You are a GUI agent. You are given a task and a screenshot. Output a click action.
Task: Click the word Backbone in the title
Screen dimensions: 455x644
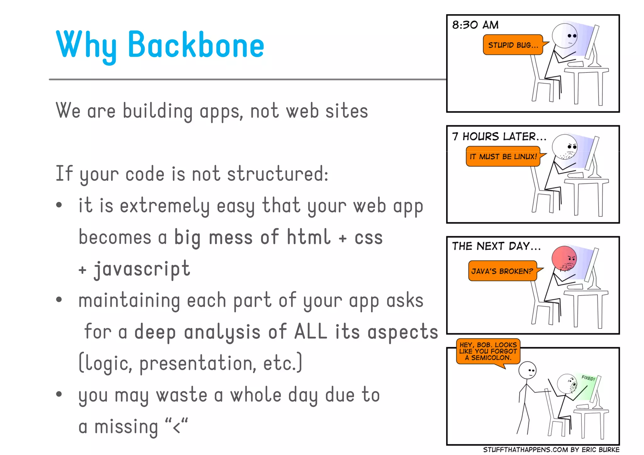(196, 45)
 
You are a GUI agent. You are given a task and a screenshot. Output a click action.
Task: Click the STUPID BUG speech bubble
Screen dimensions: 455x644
(513, 45)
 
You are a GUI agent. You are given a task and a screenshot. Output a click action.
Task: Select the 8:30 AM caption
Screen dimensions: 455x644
(475, 25)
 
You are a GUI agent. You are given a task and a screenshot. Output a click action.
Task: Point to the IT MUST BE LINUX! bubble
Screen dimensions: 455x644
(503, 156)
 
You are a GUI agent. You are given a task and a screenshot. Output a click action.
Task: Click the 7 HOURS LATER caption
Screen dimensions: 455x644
(499, 136)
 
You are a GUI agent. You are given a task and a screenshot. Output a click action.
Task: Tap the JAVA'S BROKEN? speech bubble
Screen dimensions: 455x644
(502, 271)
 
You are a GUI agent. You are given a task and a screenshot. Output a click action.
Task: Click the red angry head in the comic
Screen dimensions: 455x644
(564, 258)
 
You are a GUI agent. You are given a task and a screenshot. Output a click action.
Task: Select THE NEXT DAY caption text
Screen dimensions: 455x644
(496, 246)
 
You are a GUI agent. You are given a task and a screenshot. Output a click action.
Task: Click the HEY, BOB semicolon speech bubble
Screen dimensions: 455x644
(488, 351)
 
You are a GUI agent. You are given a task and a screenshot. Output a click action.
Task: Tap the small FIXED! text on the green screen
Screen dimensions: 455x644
(588, 378)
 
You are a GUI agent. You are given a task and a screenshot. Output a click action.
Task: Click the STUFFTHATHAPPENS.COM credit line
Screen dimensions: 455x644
(551, 450)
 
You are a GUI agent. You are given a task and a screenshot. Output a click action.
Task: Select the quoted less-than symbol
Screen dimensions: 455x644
(176, 426)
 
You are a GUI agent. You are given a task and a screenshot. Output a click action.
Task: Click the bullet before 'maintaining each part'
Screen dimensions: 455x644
(59, 299)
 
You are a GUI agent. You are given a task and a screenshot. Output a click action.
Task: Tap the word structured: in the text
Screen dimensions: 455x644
(278, 174)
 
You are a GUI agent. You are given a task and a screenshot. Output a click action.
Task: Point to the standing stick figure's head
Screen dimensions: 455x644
(527, 370)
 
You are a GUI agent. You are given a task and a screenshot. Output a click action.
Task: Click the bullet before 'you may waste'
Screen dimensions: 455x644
(59, 394)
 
